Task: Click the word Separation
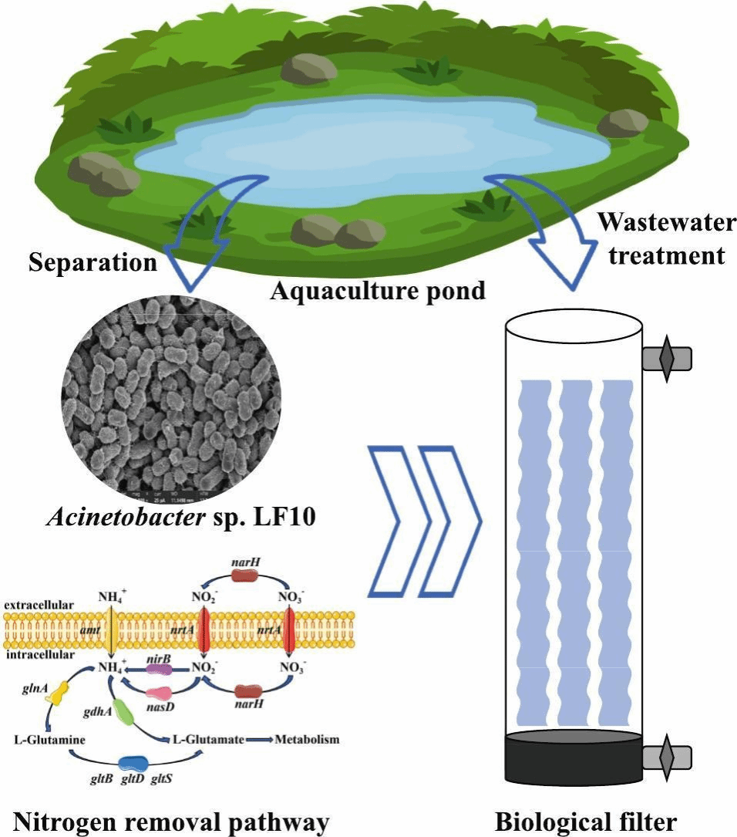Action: pos(93,264)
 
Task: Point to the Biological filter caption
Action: pos(586,822)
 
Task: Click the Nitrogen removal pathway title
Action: pos(165,822)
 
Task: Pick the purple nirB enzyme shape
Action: pos(159,669)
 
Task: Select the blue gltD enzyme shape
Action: pos(136,763)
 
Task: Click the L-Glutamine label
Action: pos(49,740)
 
